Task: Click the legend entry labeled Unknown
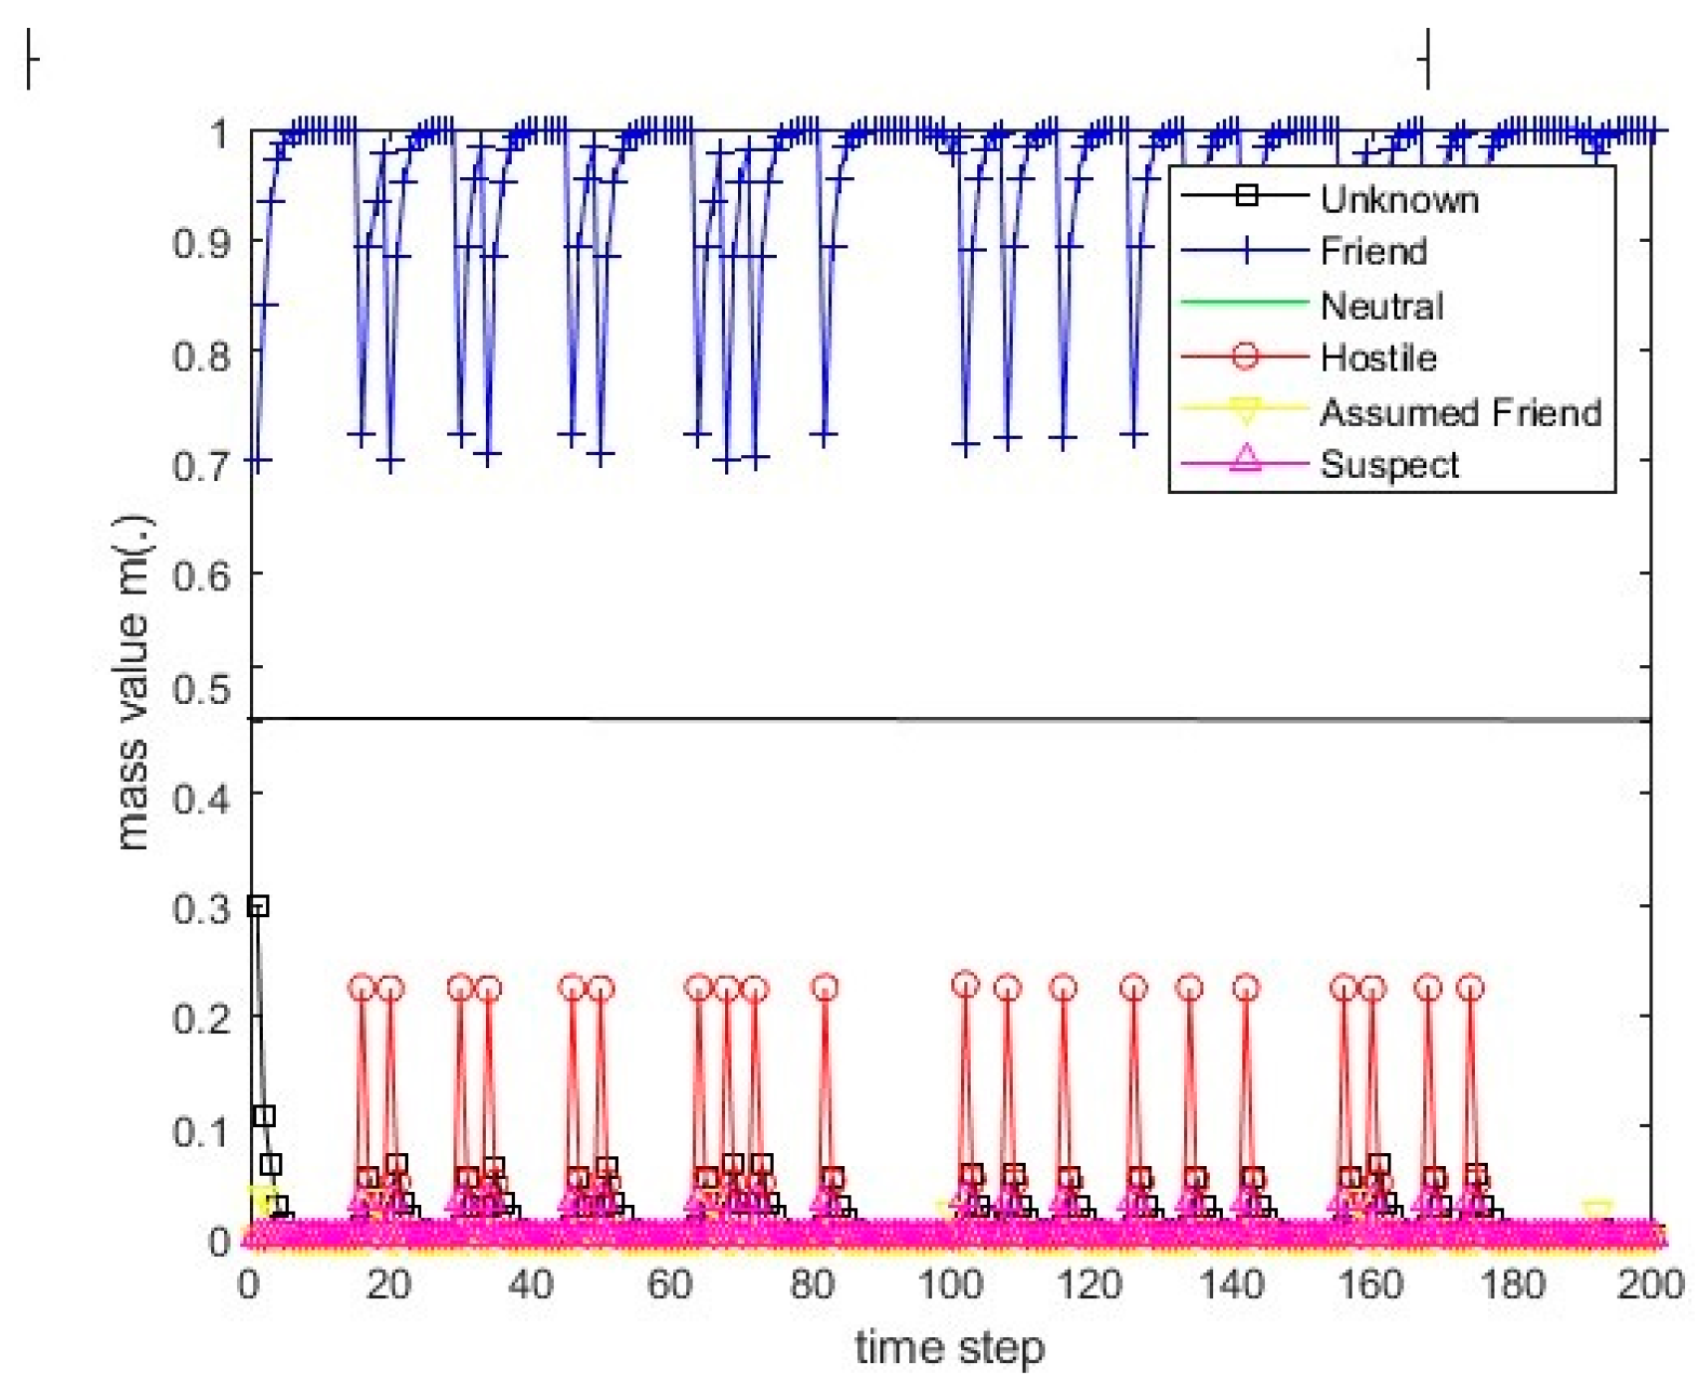[1397, 200]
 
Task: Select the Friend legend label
[1372, 252]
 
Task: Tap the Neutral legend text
[1380, 306]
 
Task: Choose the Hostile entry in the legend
[1377, 357]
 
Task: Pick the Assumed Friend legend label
[1459, 412]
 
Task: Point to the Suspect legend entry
[1388, 465]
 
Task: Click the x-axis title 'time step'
[949, 1348]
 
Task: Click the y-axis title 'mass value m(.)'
[132, 684]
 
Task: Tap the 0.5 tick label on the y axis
[202, 687]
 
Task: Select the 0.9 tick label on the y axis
[202, 243]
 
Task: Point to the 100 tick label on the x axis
[949, 1284]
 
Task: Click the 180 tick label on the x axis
[1511, 1284]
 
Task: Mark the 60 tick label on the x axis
[669, 1284]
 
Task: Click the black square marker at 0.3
[258, 906]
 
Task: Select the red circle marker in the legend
[1245, 356]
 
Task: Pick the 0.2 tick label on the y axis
[202, 1019]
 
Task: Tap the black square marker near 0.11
[264, 1116]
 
